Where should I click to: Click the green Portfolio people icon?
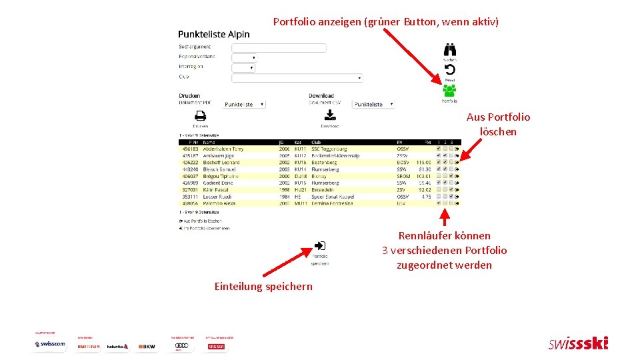449,90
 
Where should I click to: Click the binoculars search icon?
450,49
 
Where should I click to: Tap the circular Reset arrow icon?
450,70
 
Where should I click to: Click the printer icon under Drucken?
200,115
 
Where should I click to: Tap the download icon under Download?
330,115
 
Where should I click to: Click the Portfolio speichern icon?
319,246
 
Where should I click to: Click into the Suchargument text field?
279,48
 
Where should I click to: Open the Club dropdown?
297,78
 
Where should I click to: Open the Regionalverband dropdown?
244,58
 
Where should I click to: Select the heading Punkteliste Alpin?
214,35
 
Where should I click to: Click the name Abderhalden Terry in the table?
223,149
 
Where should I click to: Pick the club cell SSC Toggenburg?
329,149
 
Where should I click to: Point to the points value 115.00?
423,162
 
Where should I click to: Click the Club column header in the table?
316,142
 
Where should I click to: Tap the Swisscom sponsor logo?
51,345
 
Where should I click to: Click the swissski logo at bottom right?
578,343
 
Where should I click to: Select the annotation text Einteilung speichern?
263,287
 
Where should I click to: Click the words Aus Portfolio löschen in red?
498,125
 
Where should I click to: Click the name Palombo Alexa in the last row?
219,203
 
